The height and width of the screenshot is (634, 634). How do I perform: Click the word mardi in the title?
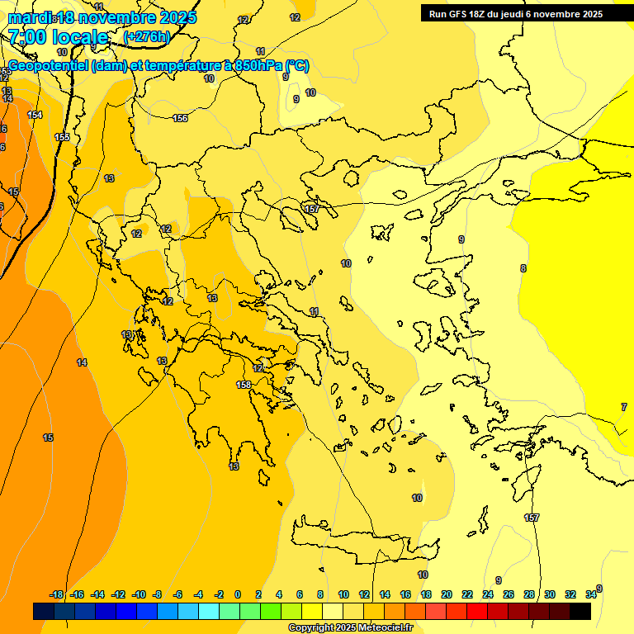pos(29,17)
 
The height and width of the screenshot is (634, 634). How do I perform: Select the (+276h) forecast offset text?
pos(147,37)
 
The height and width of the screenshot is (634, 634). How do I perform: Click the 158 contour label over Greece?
pos(244,385)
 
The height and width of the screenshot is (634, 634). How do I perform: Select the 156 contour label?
pos(180,118)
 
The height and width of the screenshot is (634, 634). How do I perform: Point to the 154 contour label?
pos(35,115)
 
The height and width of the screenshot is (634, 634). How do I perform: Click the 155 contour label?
pos(62,137)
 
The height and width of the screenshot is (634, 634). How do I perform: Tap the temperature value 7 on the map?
pos(623,407)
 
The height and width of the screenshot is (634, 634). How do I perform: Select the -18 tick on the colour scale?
pos(56,594)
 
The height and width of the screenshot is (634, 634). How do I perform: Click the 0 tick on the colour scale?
pos(238,594)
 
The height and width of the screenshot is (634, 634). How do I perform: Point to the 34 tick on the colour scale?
pos(591,594)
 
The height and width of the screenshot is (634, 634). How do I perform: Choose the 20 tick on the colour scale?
pos(447,594)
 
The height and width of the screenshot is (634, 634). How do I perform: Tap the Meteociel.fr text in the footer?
pos(385,628)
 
